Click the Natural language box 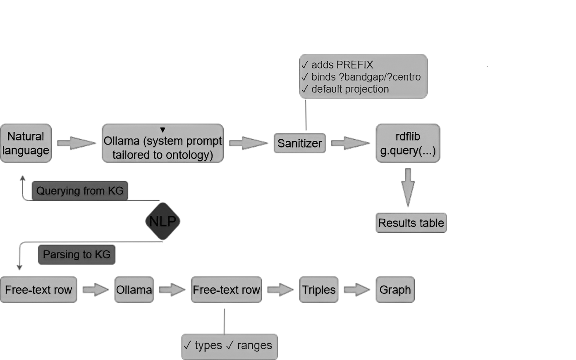pyautogui.click(x=26, y=143)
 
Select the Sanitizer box pyautogui.click(x=299, y=143)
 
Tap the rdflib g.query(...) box pyautogui.click(x=408, y=143)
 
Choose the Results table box pyautogui.click(x=411, y=223)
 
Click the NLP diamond pyautogui.click(x=163, y=221)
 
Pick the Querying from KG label pyautogui.click(x=80, y=191)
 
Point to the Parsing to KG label pyautogui.click(x=76, y=255)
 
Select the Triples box pyautogui.click(x=318, y=290)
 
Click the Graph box pyautogui.click(x=395, y=290)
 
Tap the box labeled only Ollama pyautogui.click(x=134, y=290)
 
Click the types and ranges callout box pyautogui.click(x=229, y=346)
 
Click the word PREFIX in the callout pyautogui.click(x=355, y=65)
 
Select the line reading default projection pyautogui.click(x=350, y=89)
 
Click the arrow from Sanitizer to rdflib pyautogui.click(x=350, y=143)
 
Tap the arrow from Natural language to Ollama pyautogui.click(x=76, y=143)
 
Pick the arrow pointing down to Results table pyautogui.click(x=408, y=187)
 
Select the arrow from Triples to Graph pyautogui.click(x=356, y=290)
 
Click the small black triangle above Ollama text pyautogui.click(x=163, y=130)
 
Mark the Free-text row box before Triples pyautogui.click(x=226, y=290)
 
